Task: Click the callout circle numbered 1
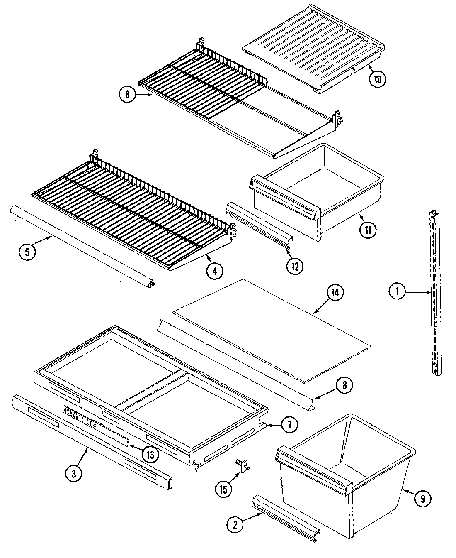coord(398,292)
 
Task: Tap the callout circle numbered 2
coord(235,524)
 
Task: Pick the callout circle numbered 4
coord(215,271)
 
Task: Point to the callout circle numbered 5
coord(27,253)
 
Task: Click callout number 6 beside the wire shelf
coord(127,95)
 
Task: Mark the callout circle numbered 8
coord(344,386)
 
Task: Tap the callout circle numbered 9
coord(422,499)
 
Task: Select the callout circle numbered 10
coord(377,78)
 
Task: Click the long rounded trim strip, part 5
coord(83,245)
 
